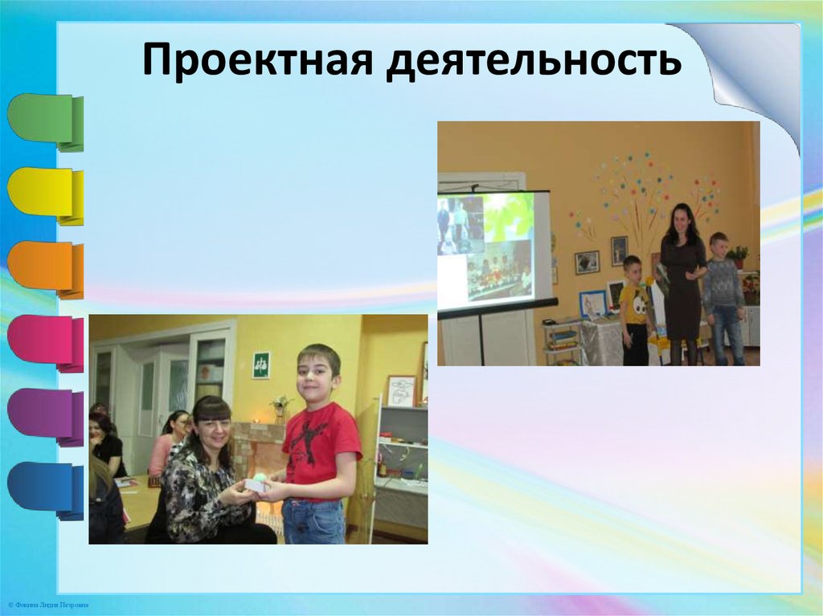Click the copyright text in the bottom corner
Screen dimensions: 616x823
47,604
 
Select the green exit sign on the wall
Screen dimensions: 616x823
261,365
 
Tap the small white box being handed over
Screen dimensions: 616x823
256,484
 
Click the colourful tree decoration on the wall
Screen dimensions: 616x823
643,193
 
